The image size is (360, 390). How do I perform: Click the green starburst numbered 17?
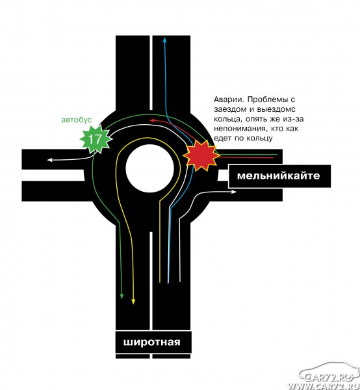[x=96, y=139]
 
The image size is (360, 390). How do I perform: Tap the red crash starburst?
[x=201, y=155]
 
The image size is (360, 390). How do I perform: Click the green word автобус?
[x=77, y=120]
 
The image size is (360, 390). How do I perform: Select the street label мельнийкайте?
[x=279, y=176]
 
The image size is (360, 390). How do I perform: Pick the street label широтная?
[x=151, y=342]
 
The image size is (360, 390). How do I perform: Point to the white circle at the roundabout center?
[x=149, y=168]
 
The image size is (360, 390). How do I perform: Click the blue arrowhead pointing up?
[x=164, y=40]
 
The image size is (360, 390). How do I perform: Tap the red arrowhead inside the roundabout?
[x=152, y=120]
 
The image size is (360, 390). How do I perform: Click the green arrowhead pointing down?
[x=122, y=296]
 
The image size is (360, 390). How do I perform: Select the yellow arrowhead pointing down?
[x=133, y=301]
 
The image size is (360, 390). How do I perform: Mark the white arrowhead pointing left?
[x=50, y=160]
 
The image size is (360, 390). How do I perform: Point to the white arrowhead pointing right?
[x=234, y=192]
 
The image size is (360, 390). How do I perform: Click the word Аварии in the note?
[x=229, y=99]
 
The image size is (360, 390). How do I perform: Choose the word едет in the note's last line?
[x=222, y=138]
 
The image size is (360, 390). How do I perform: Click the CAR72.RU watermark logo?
[x=329, y=377]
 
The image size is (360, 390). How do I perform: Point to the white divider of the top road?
[x=151, y=73]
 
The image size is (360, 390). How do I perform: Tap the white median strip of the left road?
[x=53, y=175]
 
